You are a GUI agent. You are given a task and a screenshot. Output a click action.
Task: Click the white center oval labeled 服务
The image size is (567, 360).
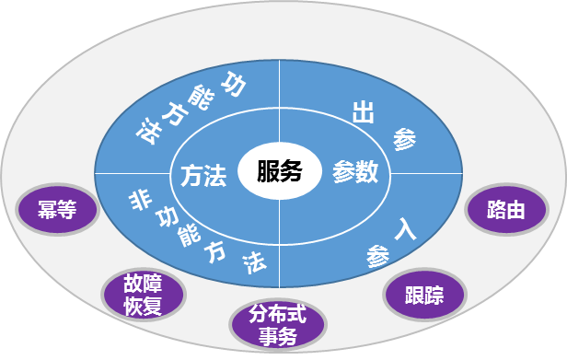point(280,171)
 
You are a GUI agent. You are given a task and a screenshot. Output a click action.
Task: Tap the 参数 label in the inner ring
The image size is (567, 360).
point(355,172)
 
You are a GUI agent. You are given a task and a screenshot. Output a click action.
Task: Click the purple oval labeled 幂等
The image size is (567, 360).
point(57,209)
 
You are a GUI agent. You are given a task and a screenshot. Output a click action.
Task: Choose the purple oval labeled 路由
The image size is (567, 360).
point(507,210)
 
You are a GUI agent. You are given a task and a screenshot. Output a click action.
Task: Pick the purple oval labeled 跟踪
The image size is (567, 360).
point(424,295)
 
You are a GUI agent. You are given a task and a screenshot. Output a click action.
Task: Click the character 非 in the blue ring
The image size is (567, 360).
point(140,197)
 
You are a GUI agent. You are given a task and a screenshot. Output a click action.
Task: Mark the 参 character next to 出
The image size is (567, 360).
point(404,139)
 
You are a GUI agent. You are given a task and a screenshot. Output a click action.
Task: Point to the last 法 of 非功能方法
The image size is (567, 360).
point(254,262)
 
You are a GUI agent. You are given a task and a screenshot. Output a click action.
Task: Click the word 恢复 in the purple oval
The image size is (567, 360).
point(143,306)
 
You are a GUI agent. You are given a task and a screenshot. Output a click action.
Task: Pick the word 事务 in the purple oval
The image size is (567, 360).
point(277,337)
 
